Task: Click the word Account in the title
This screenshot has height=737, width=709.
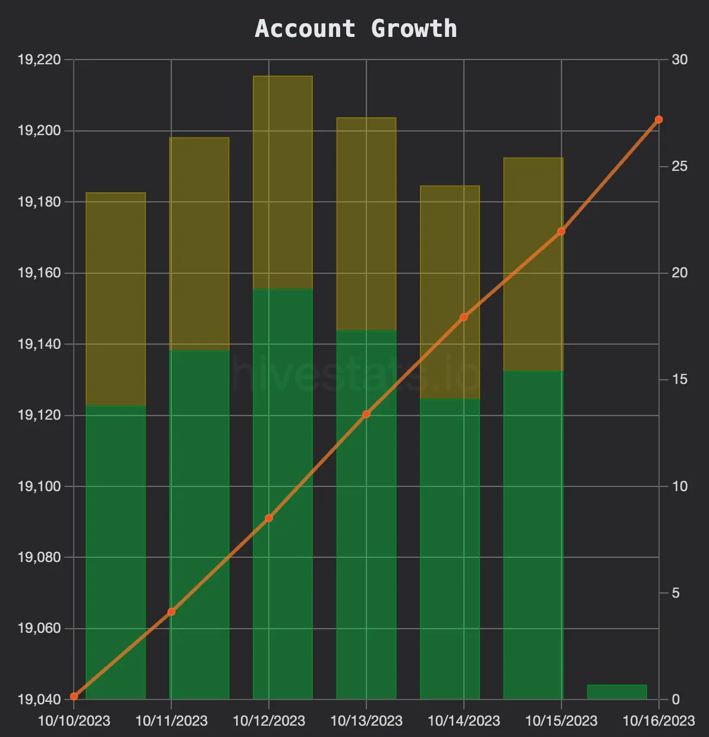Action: click(305, 29)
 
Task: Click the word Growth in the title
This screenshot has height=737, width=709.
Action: click(414, 29)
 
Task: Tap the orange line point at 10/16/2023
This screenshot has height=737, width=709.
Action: click(658, 120)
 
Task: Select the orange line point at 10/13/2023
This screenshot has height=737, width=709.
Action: click(366, 414)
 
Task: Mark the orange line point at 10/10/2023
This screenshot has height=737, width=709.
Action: click(74, 696)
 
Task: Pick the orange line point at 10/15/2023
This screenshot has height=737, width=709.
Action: click(561, 232)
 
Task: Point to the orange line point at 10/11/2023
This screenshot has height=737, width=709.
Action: click(171, 611)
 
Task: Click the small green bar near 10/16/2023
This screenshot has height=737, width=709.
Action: click(616, 692)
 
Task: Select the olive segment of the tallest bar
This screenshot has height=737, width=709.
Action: click(283, 182)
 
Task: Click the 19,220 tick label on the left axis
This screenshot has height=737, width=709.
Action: click(40, 60)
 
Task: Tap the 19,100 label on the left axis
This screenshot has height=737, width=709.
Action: click(40, 486)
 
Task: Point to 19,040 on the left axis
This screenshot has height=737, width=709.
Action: click(40, 699)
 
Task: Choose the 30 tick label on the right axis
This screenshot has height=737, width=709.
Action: click(679, 60)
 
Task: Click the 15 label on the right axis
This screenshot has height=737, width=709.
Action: click(679, 380)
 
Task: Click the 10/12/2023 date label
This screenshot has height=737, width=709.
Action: click(269, 721)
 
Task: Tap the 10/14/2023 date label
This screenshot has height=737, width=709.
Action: click(464, 721)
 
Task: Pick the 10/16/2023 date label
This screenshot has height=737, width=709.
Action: click(658, 721)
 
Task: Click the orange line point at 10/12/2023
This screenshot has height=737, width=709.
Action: click(269, 518)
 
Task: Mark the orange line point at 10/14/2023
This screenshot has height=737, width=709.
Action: click(464, 317)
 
